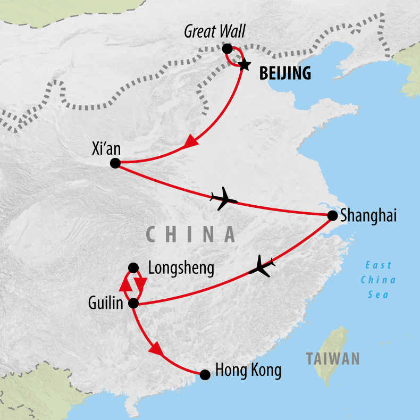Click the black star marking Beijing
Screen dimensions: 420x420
pyautogui.click(x=244, y=65)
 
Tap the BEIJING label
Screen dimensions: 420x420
pyautogui.click(x=285, y=73)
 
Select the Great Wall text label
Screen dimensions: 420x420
pyautogui.click(x=215, y=31)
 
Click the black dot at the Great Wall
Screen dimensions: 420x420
pyautogui.click(x=227, y=49)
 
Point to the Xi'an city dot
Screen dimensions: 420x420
pyautogui.click(x=115, y=163)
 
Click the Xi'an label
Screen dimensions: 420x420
pyautogui.click(x=106, y=148)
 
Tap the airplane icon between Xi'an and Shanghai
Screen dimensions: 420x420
pyautogui.click(x=224, y=198)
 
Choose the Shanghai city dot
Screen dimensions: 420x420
pyautogui.click(x=332, y=216)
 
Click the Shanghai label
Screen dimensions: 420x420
pyautogui.click(x=368, y=216)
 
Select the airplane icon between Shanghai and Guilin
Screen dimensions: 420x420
pyautogui.click(x=262, y=266)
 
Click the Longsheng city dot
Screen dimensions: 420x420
pyautogui.click(x=133, y=267)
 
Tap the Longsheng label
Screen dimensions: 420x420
pyautogui.click(x=181, y=268)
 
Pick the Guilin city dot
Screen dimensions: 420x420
pyautogui.click(x=133, y=304)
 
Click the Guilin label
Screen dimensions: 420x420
pyautogui.click(x=106, y=303)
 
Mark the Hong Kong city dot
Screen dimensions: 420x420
pyautogui.click(x=205, y=375)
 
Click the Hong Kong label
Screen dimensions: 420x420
pyautogui.click(x=248, y=371)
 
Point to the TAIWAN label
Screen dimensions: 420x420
pyautogui.click(x=333, y=359)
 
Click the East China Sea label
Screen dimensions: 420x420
pyautogui.click(x=378, y=280)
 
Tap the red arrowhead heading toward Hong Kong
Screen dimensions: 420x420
pyautogui.click(x=156, y=349)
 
